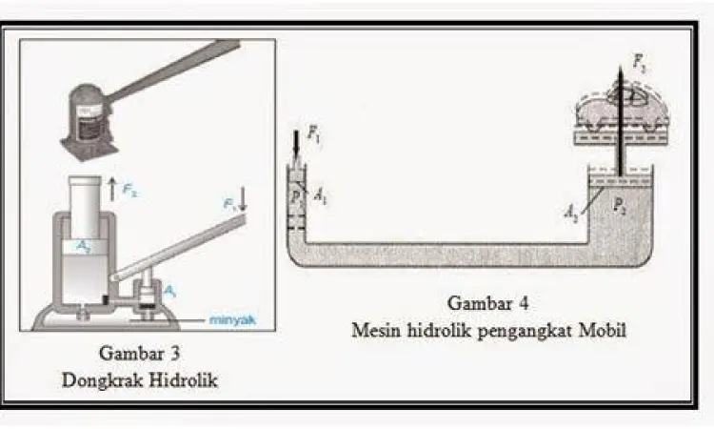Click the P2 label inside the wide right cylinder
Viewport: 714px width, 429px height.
621,204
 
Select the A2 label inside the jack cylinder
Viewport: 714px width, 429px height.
86,246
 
